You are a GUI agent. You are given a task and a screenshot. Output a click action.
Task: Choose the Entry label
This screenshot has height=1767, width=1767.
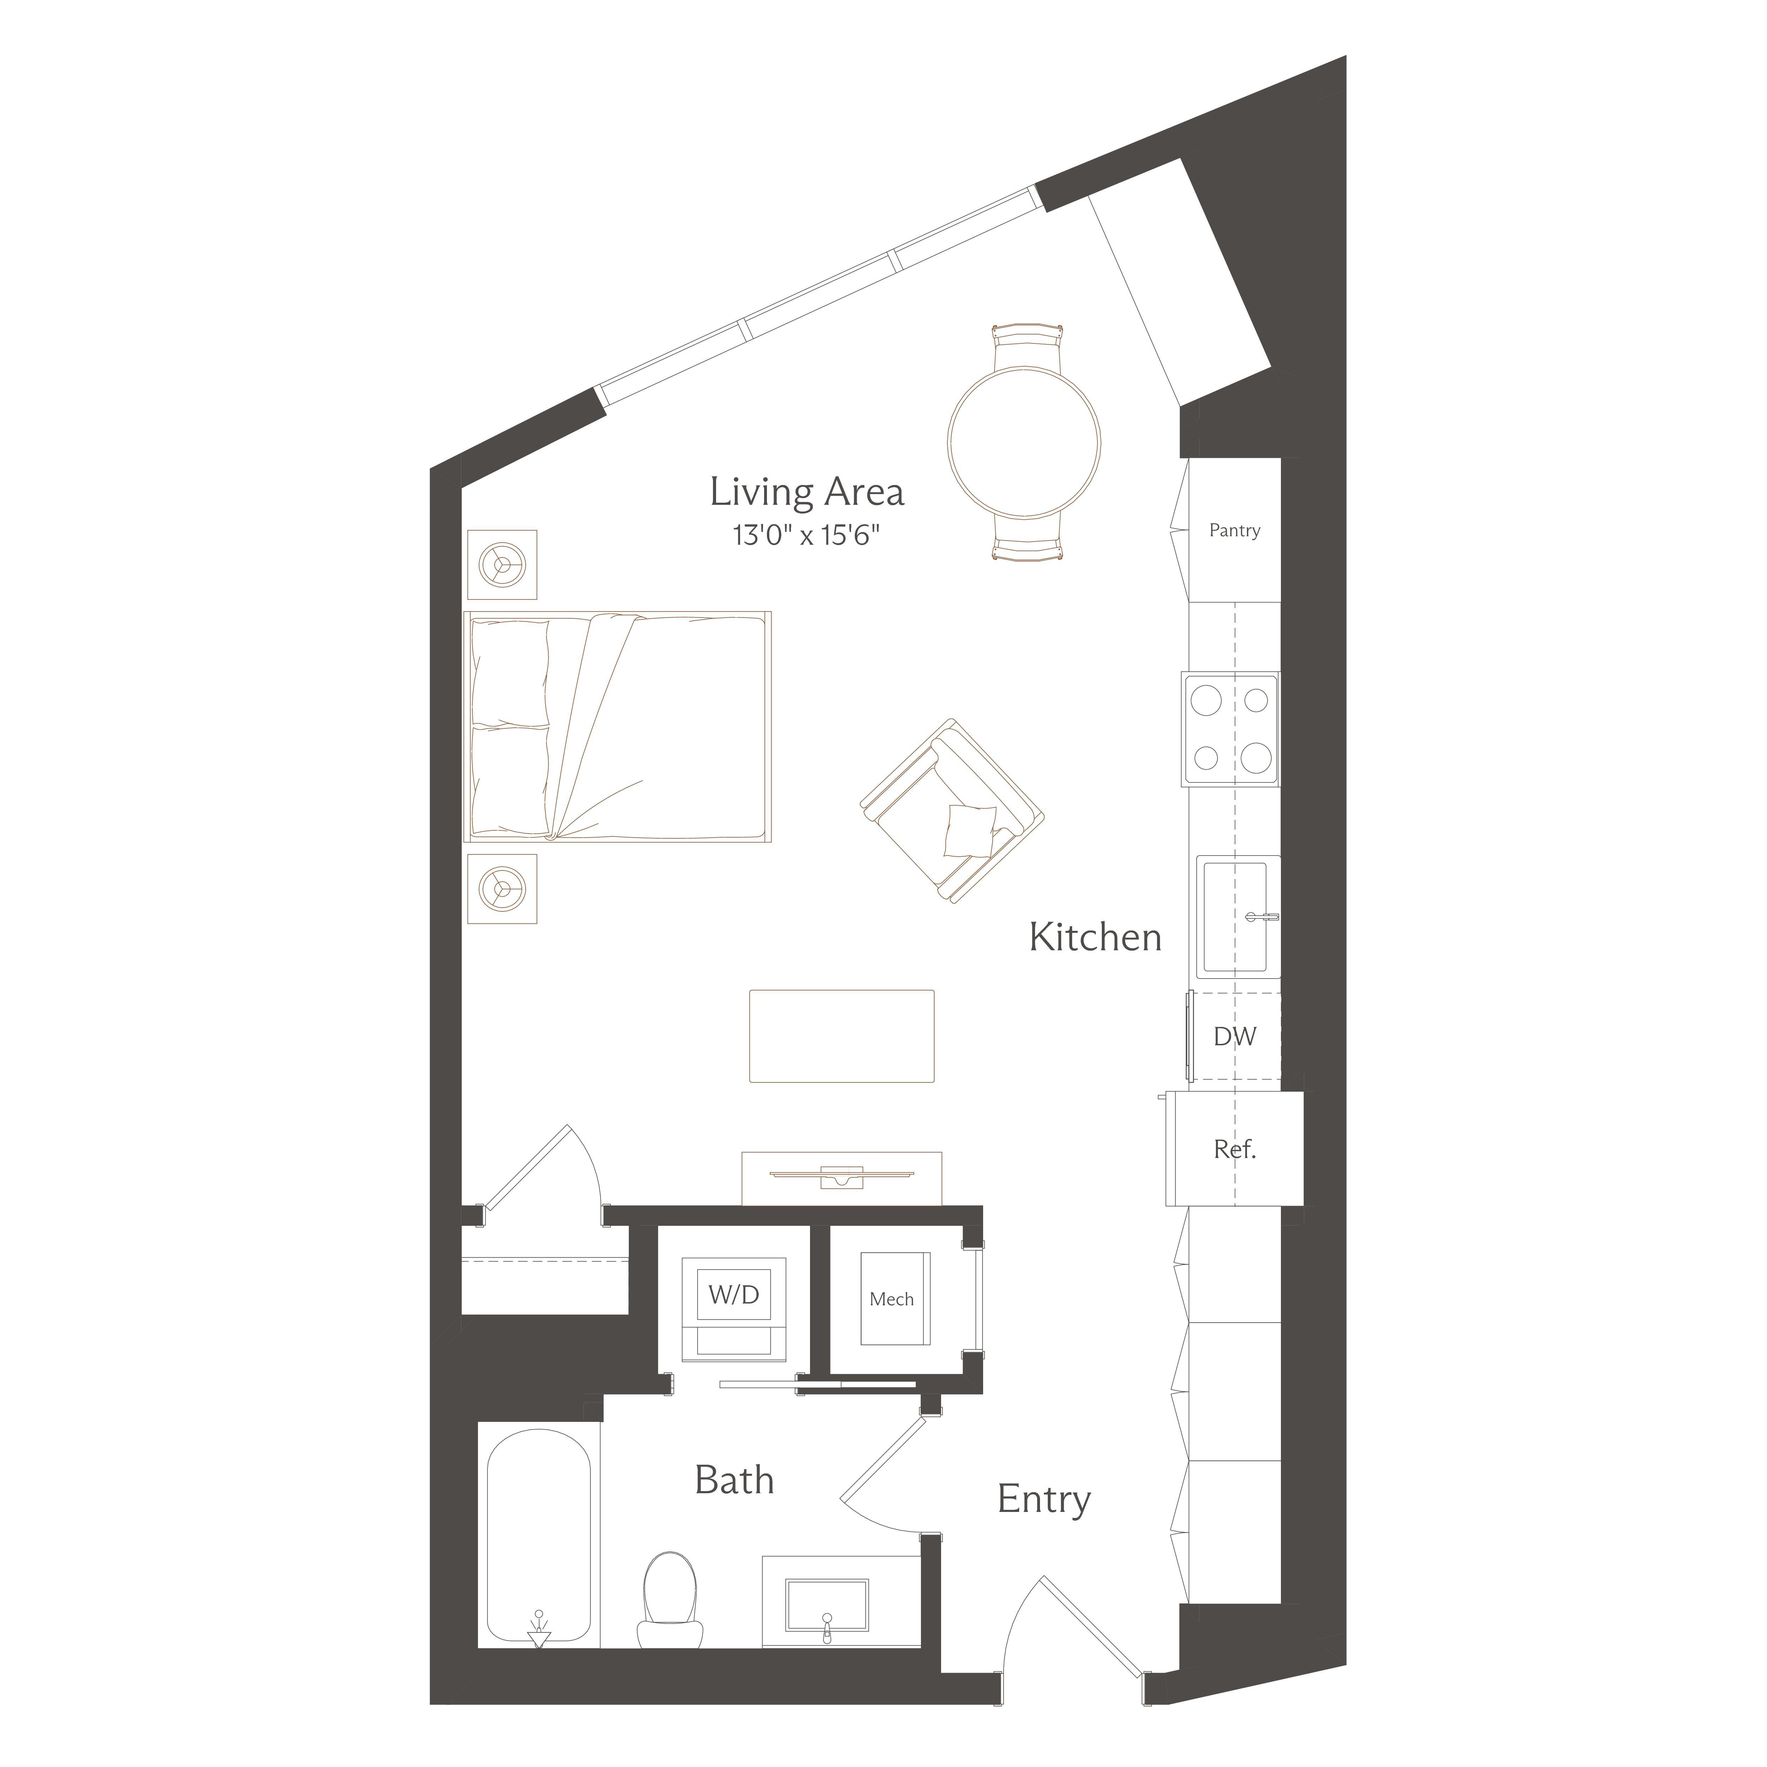point(1044,1499)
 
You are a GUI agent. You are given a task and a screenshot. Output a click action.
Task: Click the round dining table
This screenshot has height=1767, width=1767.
point(1023,442)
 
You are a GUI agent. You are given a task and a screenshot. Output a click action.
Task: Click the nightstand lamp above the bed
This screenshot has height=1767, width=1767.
point(502,564)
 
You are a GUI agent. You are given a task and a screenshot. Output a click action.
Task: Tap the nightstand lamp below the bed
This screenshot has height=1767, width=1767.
point(502,888)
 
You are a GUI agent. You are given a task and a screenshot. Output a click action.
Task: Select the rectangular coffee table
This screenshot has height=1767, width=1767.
point(841,1035)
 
